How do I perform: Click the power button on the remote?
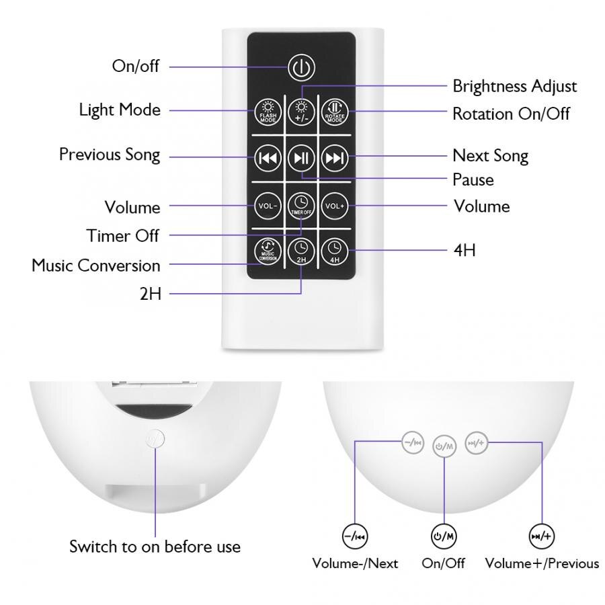pyautogui.click(x=300, y=67)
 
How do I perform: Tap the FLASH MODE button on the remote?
pyautogui.click(x=267, y=111)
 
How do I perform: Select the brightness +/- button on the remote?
pyautogui.click(x=300, y=111)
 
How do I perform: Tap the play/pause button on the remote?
pyautogui.click(x=300, y=158)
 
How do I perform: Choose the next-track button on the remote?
pyautogui.click(x=334, y=158)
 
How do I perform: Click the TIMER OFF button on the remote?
pyautogui.click(x=300, y=204)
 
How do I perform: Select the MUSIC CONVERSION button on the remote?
pyautogui.click(x=267, y=251)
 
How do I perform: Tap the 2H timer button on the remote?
pyautogui.click(x=300, y=251)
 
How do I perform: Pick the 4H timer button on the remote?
pyautogui.click(x=334, y=251)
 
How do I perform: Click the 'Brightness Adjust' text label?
pyautogui.click(x=514, y=86)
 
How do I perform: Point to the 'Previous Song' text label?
pyautogui.click(x=110, y=155)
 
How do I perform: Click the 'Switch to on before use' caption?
pyautogui.click(x=155, y=547)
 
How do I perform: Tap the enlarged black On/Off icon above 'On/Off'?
pyautogui.click(x=444, y=536)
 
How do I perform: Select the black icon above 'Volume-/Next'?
pyautogui.click(x=355, y=536)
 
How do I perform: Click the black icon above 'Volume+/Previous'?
pyautogui.click(x=542, y=536)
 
